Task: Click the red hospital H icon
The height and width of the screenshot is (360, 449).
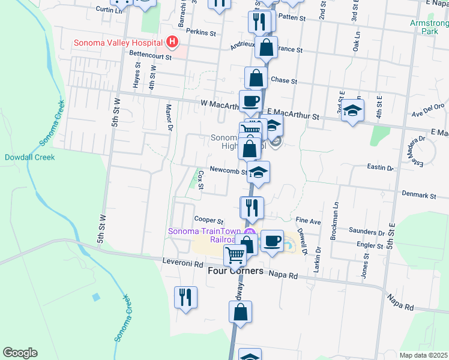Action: (172, 42)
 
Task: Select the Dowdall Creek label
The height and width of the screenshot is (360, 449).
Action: (29, 157)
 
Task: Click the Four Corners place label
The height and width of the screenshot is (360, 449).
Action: (235, 271)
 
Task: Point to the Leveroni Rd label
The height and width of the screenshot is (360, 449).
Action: (184, 262)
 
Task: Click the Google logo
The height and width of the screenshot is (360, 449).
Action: (20, 353)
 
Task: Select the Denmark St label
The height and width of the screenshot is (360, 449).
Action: (419, 196)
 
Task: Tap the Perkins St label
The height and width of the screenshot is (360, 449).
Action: (200, 32)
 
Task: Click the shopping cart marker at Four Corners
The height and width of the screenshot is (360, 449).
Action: (235, 255)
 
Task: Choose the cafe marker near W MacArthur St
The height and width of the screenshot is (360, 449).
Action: (250, 100)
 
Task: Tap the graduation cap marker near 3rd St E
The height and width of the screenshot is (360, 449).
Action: (352, 110)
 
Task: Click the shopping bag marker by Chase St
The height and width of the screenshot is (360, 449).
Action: (256, 77)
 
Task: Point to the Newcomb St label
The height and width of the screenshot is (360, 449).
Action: (228, 170)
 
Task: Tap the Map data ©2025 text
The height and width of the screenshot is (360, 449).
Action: (424, 355)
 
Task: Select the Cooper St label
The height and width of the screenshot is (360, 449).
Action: (209, 221)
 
